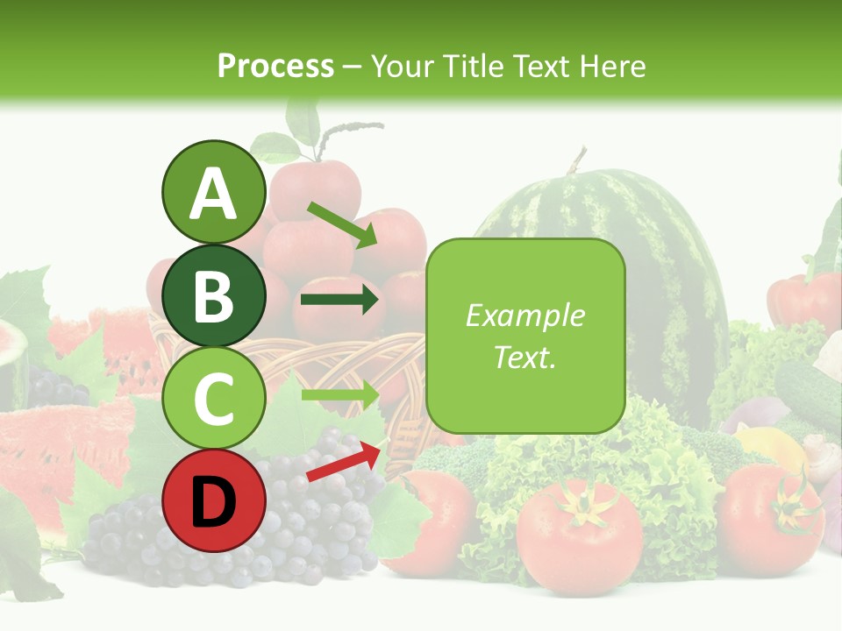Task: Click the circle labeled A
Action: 213,192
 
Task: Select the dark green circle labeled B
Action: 213,295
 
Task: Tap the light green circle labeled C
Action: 213,399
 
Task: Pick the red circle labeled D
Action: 213,501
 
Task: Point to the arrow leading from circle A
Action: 342,223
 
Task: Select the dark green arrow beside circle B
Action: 339,301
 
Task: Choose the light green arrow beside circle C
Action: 339,394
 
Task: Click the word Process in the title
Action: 275,66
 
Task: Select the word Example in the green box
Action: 524,315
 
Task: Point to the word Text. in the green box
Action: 524,357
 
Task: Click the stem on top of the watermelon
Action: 576,160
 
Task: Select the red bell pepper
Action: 803,298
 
